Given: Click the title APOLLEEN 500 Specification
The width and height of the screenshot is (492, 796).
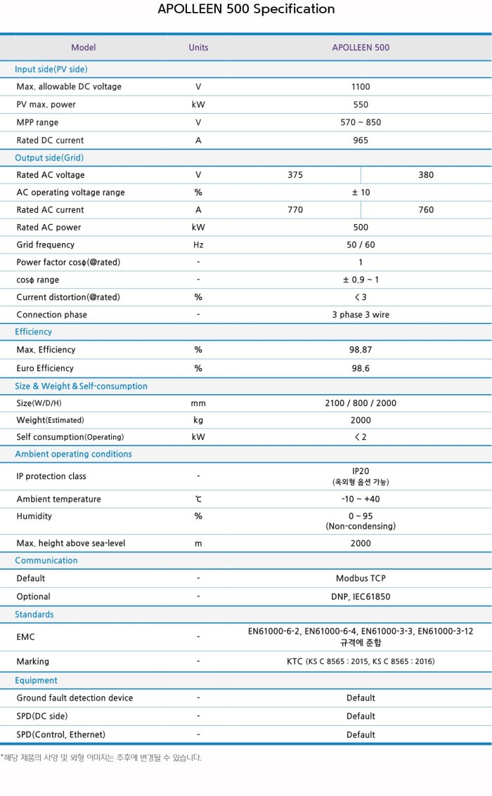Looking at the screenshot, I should point(246,9).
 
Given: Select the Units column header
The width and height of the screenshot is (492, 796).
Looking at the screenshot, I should point(198,48).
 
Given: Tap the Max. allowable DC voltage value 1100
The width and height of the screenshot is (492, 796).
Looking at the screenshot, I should point(361,87).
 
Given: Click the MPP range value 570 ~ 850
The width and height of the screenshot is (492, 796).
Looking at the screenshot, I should point(361,122).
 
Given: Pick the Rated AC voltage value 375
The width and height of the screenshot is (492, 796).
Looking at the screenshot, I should point(295,175).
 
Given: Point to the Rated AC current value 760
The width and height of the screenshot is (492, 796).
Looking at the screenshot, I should point(426,210).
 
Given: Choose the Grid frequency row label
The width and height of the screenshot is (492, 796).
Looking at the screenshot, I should point(45,245).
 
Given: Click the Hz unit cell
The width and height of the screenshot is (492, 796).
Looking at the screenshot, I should point(198,245).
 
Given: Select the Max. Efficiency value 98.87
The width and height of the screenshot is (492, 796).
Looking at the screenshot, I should point(361,350).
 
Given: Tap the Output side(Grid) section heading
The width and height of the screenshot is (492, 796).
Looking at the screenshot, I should point(49,158).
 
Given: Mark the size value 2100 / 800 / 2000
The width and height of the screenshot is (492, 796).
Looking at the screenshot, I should point(361,403).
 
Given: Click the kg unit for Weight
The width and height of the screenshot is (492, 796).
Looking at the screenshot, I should point(198,420).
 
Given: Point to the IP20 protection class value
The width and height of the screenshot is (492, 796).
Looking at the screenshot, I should point(361,471).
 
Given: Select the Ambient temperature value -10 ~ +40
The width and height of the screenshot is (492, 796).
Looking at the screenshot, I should point(361,500).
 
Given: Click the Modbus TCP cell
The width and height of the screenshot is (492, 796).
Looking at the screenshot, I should point(361,579).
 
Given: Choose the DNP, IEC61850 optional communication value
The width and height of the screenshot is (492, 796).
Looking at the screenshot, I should point(361,596).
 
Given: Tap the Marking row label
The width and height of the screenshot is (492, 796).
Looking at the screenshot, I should point(33,662).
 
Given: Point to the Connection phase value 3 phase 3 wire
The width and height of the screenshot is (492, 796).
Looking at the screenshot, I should point(361,315).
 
